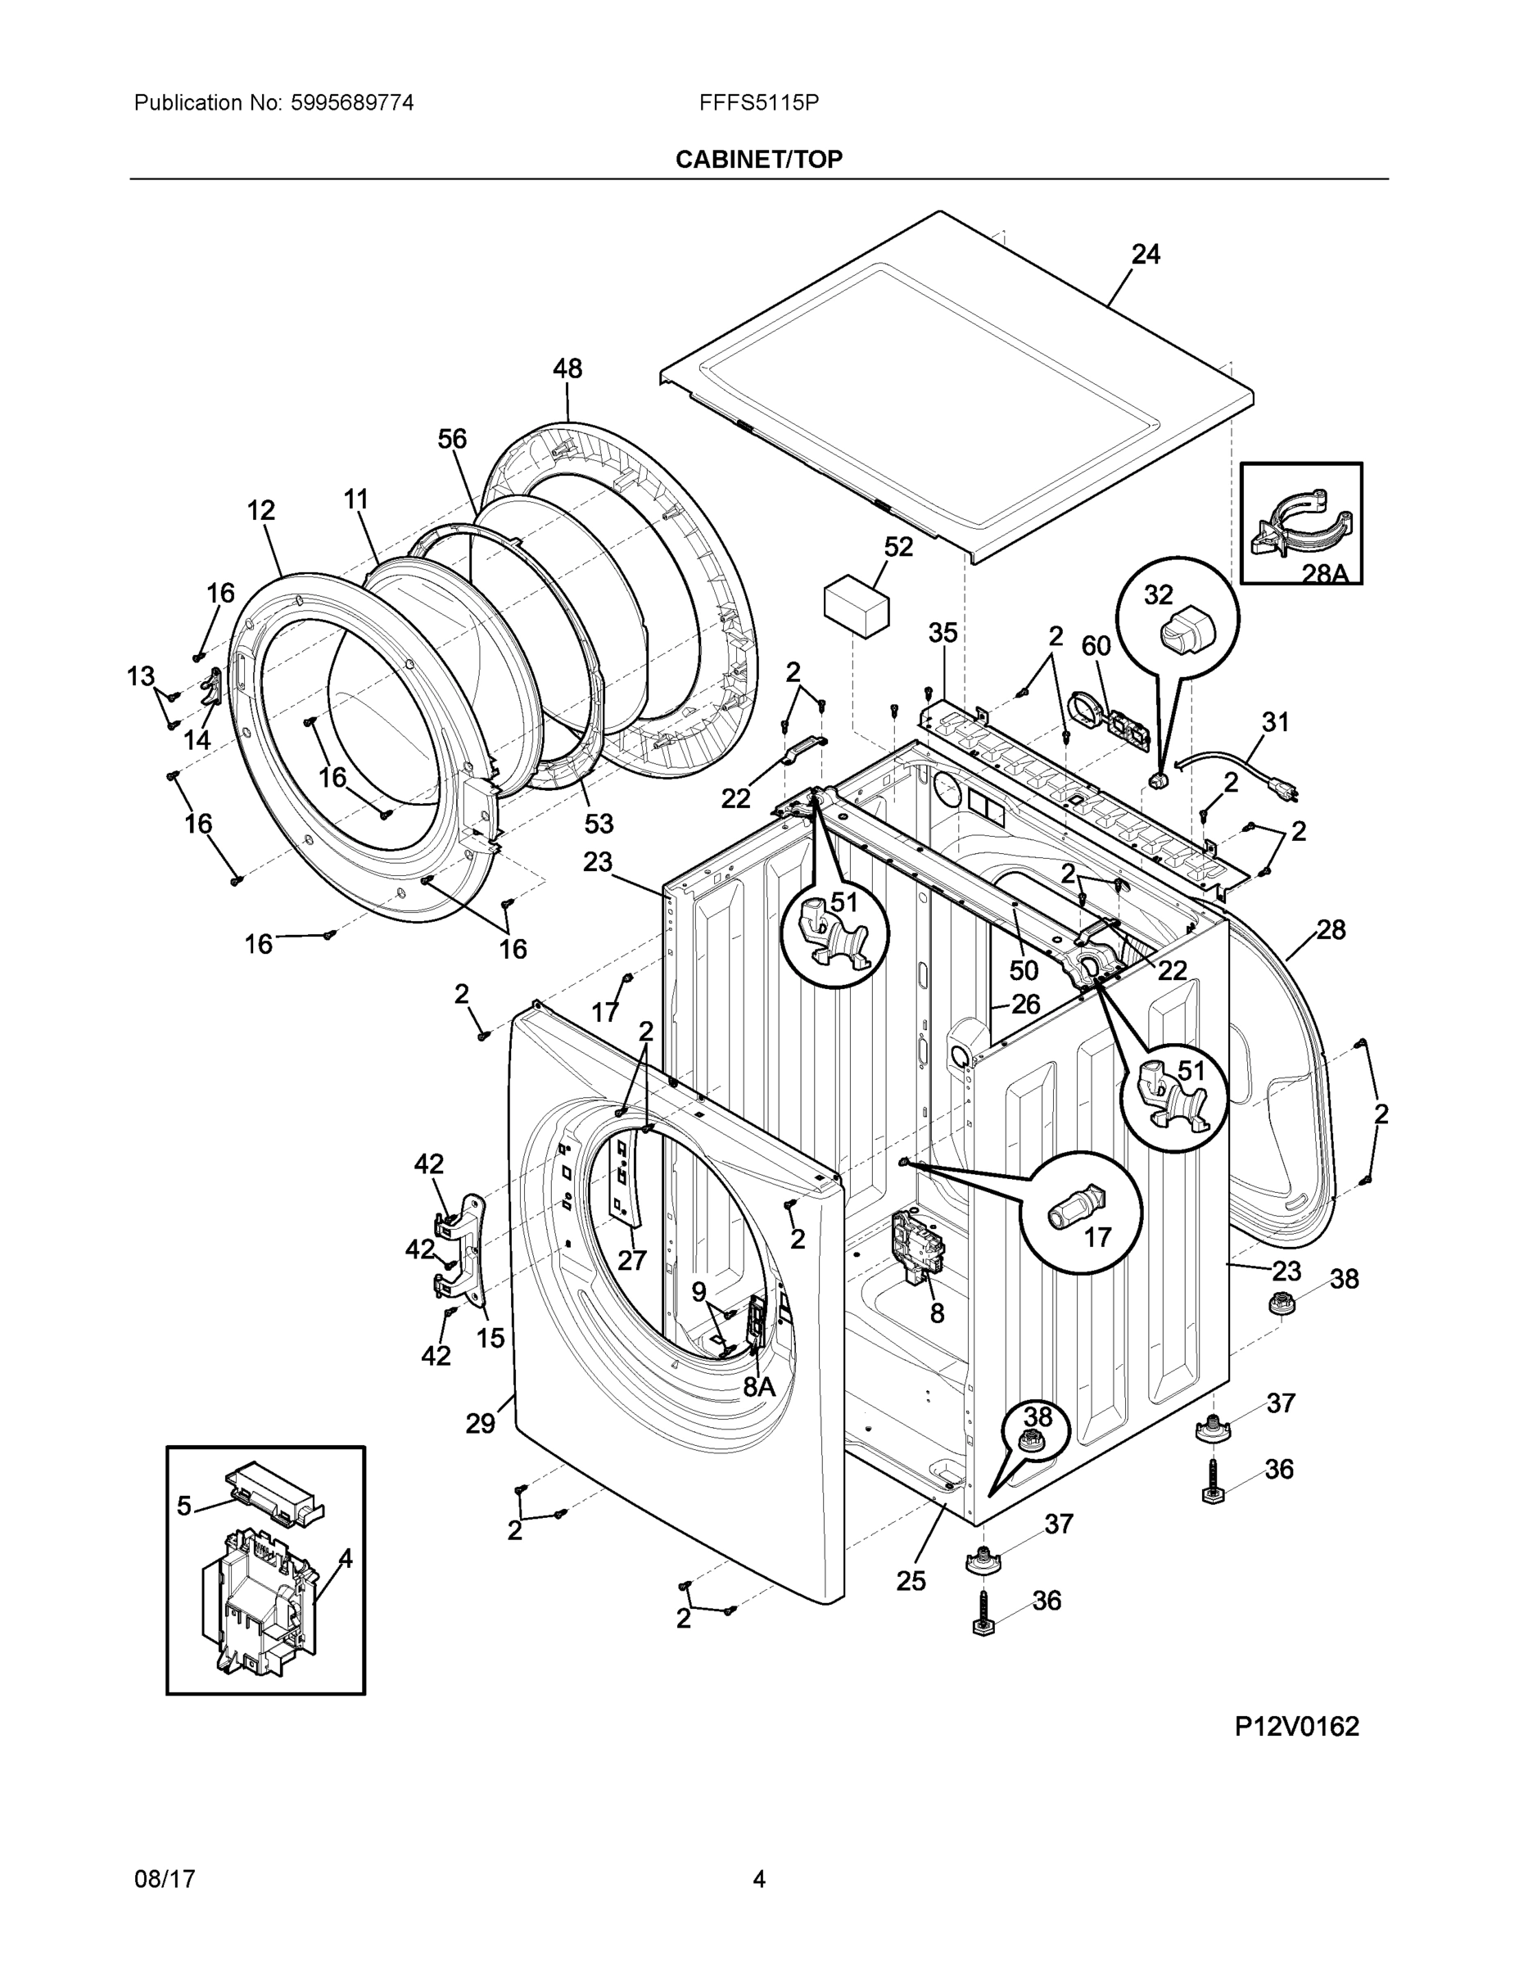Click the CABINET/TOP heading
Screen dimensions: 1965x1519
(758, 160)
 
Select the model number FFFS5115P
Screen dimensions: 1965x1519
(758, 102)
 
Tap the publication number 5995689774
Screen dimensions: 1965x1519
(352, 102)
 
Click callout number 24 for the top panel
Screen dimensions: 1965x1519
(1145, 255)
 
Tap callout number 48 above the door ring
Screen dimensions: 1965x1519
(567, 368)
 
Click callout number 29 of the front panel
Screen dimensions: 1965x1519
(480, 1423)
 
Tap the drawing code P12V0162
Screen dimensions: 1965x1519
(1295, 1726)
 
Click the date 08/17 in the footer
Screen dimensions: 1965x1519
(165, 1879)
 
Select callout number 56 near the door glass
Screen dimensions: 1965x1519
(452, 439)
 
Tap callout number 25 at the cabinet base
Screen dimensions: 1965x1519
(911, 1581)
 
